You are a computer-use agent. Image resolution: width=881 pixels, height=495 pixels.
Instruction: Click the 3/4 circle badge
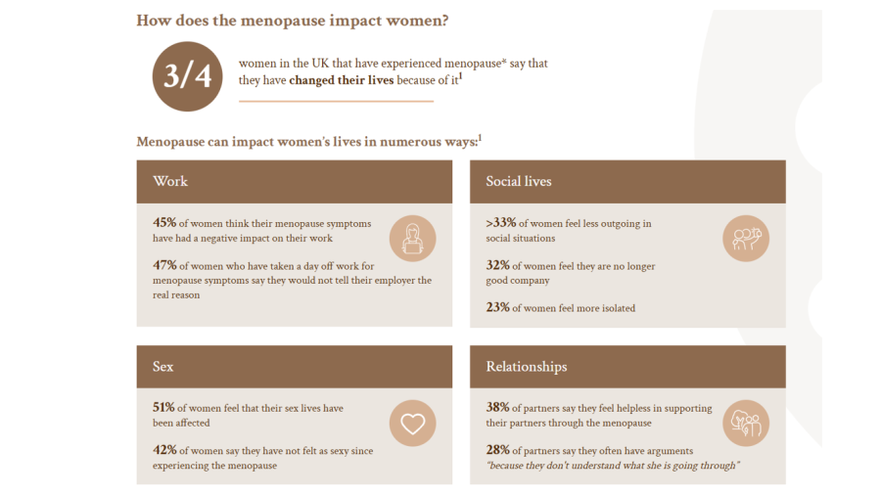pos(187,75)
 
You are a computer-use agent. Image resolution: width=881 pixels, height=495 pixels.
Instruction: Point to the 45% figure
pos(164,223)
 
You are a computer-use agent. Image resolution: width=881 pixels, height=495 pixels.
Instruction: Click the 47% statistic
pos(164,265)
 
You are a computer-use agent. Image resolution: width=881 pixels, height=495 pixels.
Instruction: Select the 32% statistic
pos(497,265)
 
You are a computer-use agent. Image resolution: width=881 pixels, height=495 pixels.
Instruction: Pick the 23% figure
pos(497,307)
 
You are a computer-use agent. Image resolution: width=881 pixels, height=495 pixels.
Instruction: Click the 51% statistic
pos(164,408)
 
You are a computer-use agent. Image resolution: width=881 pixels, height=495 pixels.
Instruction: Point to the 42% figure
pos(164,450)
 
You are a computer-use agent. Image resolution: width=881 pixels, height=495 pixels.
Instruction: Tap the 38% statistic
pos(497,408)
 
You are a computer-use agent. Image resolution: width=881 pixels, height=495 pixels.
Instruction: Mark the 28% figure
pos(497,450)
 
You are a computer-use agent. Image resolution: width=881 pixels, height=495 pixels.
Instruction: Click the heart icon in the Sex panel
pos(412,424)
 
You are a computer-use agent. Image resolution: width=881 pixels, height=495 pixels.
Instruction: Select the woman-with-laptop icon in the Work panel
pos(412,239)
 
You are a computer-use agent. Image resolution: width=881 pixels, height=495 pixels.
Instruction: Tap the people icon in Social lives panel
pos(746,239)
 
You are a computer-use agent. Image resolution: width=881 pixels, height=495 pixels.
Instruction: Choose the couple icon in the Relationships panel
pos(746,424)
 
